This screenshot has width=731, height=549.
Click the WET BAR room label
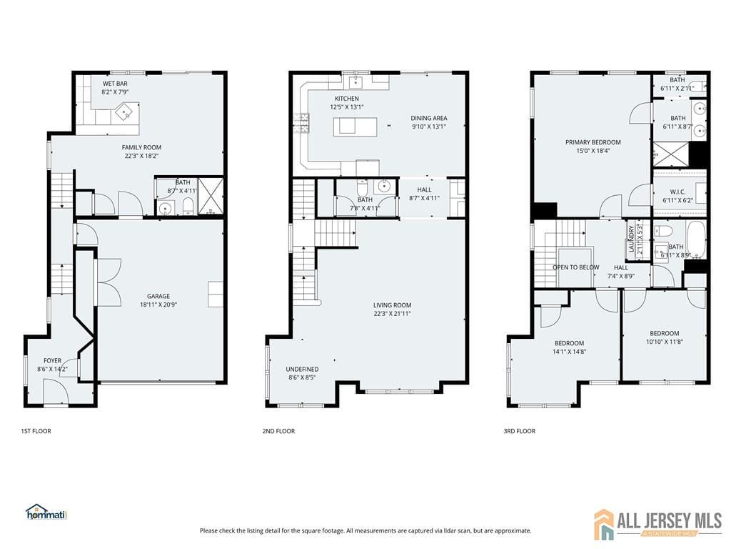pos(115,84)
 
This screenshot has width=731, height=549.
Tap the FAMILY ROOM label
pos(141,147)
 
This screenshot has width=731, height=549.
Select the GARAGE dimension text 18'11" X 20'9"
pos(158,305)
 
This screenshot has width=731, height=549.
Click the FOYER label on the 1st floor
pos(53,360)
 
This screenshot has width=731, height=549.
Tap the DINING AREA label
pos(428,118)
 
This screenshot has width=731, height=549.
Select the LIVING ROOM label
pos(392,305)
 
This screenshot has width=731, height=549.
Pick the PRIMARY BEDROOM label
pos(593,142)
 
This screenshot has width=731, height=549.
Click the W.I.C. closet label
pos(678,191)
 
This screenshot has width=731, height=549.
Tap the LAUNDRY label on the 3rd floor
pos(631,239)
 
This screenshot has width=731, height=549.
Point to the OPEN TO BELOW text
pos(575,267)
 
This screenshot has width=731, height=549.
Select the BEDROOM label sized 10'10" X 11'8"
pos(664,333)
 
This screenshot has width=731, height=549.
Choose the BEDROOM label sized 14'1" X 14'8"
pos(569,343)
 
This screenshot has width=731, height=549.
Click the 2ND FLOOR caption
pos(279,431)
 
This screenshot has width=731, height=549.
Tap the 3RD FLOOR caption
pos(520,431)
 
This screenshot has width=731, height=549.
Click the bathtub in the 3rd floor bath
pos(695,239)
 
